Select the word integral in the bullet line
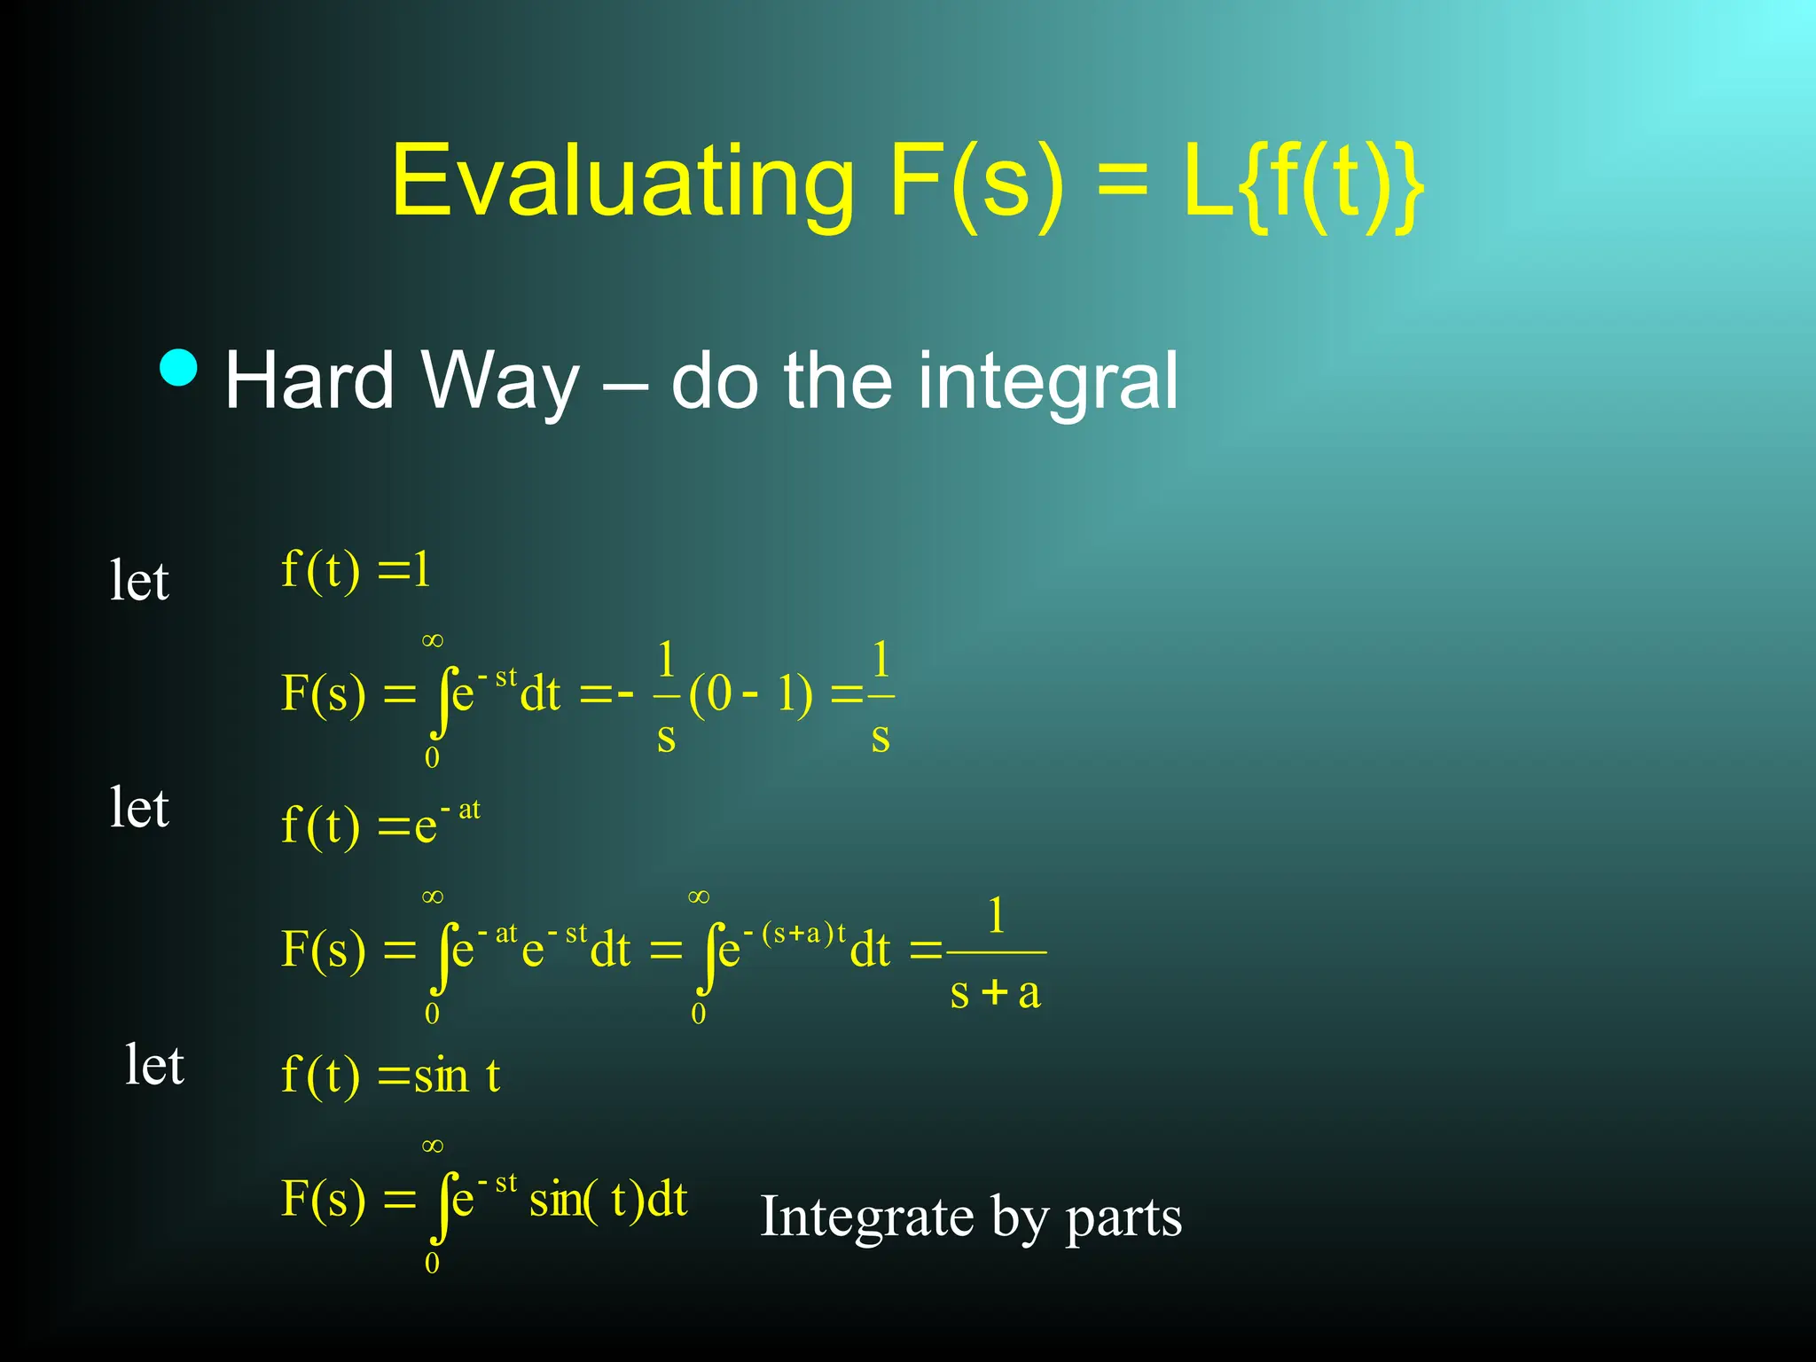(1047, 381)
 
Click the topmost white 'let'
(139, 581)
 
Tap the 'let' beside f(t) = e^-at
(139, 808)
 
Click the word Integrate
(866, 1216)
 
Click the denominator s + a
(995, 992)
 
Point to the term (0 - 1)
(750, 694)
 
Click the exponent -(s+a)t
(795, 935)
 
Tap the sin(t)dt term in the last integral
(608, 1200)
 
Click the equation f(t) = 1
(356, 569)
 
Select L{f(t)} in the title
(1304, 182)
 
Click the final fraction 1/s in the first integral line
(880, 697)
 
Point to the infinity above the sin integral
(432, 1147)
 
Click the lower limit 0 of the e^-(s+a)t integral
(699, 1014)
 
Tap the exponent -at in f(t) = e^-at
(461, 810)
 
